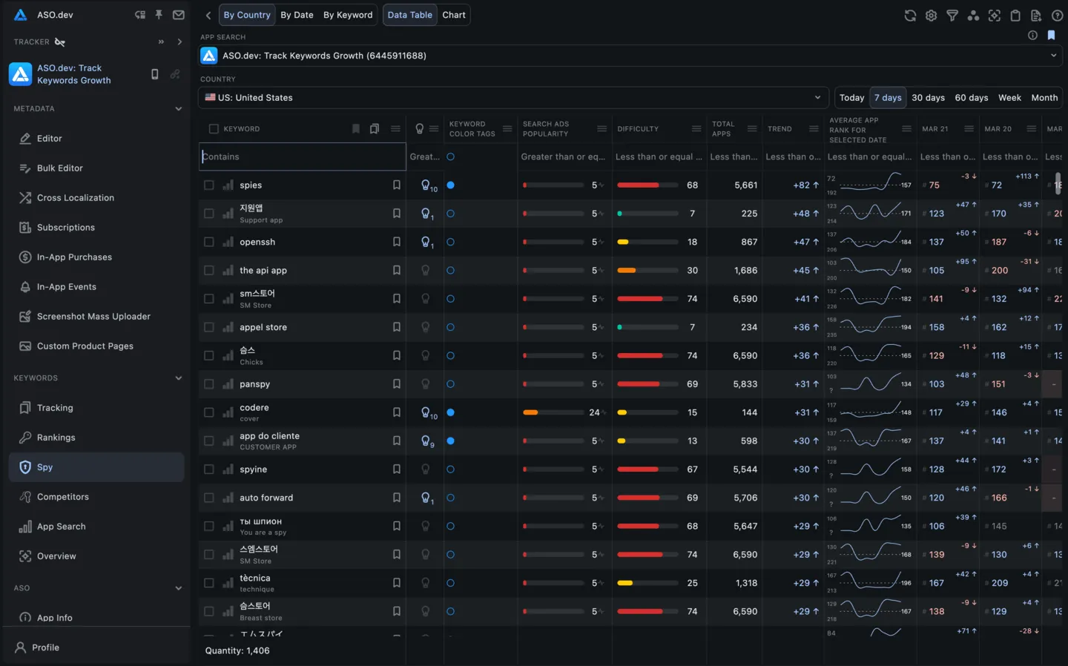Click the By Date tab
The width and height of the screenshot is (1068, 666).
297,15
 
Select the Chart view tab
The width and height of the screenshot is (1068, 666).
454,15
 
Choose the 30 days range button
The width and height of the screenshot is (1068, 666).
928,98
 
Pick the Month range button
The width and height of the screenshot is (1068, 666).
1044,98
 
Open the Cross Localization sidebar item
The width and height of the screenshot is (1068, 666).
75,198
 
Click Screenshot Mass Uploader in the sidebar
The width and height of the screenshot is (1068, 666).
93,317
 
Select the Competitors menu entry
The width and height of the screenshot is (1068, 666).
62,497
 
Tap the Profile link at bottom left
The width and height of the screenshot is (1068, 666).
45,647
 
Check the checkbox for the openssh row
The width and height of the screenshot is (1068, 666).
209,243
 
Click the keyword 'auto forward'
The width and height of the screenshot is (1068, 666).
266,498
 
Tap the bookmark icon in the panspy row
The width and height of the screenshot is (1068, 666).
397,384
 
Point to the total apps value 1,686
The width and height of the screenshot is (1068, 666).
745,271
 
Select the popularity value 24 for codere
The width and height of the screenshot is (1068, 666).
594,413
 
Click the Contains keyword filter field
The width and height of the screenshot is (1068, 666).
303,157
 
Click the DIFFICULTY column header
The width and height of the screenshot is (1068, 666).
638,129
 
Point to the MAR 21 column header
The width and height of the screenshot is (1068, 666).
934,129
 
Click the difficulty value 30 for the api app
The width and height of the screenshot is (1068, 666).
692,271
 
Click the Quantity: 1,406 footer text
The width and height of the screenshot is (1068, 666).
237,651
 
